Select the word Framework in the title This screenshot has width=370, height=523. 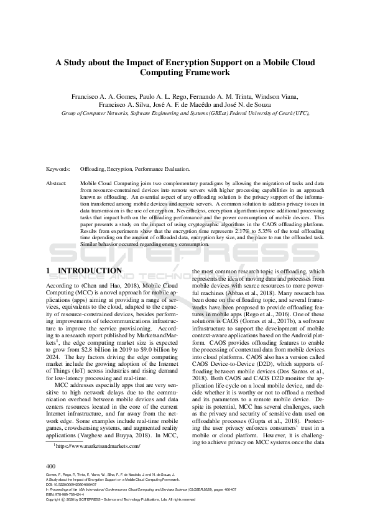click(205, 73)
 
